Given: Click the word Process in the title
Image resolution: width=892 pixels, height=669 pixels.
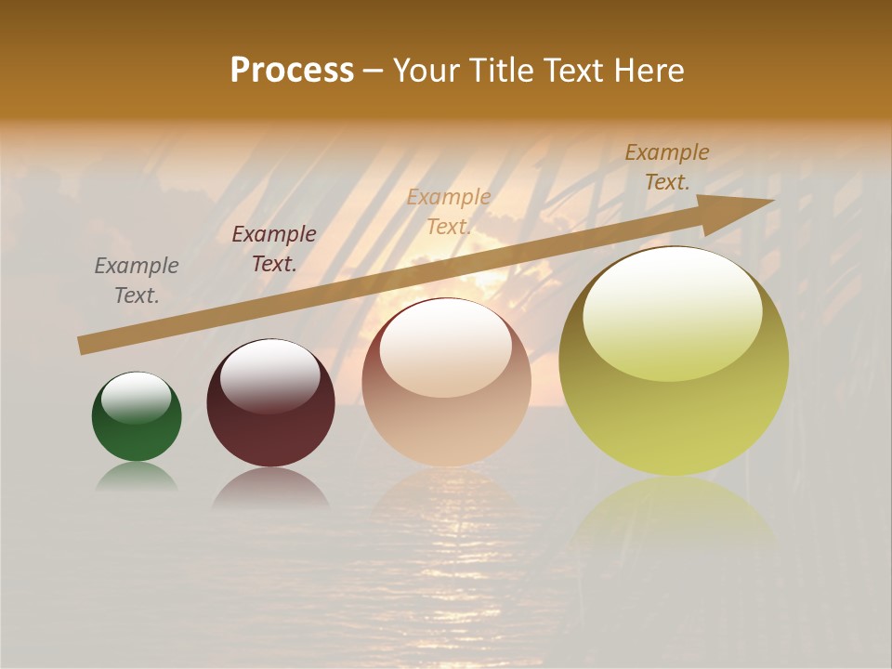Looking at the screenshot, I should click(292, 71).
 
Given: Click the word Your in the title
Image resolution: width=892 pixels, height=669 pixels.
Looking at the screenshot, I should click(426, 71).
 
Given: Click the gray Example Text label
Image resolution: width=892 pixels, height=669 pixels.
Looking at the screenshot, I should click(137, 281).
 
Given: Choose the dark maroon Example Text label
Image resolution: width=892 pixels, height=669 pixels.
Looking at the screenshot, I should click(274, 249).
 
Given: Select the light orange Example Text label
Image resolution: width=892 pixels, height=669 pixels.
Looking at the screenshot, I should click(449, 211).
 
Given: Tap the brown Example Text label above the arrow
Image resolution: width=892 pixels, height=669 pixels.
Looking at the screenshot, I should click(667, 167).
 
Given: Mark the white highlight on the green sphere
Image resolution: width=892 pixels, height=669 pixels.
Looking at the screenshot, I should click(136, 398).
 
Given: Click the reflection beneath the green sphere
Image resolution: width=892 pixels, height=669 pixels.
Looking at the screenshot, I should click(137, 477).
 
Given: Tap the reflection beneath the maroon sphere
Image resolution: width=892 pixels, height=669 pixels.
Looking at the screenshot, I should click(270, 489).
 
